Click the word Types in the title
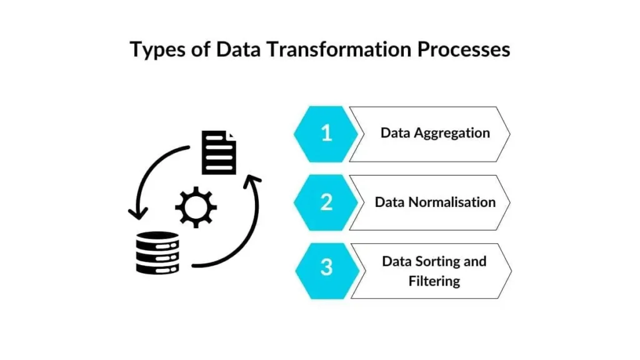click(157, 50)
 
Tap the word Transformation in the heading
click(339, 49)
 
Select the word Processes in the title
click(464, 49)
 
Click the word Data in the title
click(239, 49)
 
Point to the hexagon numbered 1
click(326, 134)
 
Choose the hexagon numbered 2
click(326, 202)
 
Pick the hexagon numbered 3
click(327, 271)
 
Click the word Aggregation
click(452, 134)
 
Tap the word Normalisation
click(452, 202)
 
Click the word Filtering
click(434, 281)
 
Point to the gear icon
click(196, 207)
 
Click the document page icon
click(219, 152)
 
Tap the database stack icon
click(157, 253)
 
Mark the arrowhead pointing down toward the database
click(138, 214)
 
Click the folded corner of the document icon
click(232, 135)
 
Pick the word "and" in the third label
click(475, 261)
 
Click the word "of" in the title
click(201, 49)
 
